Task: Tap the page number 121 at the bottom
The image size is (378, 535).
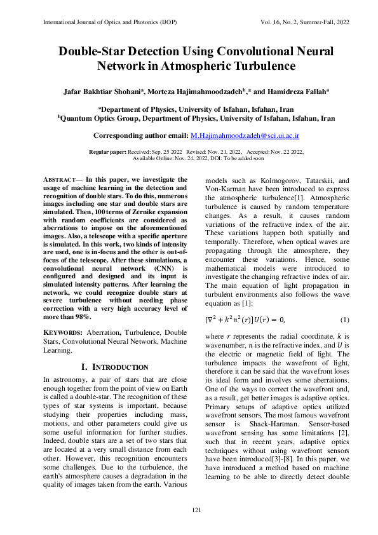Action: [189, 512]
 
